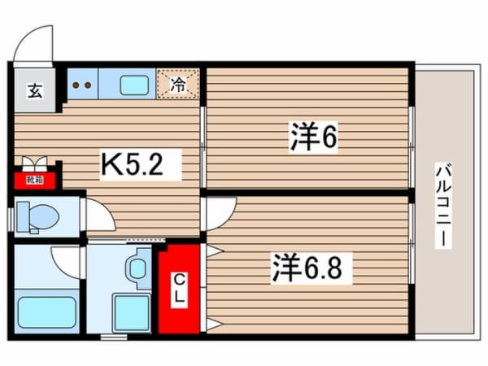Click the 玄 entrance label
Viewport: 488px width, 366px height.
35,90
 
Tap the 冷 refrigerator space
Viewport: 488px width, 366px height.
179,82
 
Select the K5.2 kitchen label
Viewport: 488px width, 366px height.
139,167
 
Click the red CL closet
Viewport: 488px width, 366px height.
179,289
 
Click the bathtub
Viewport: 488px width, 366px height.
46,312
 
